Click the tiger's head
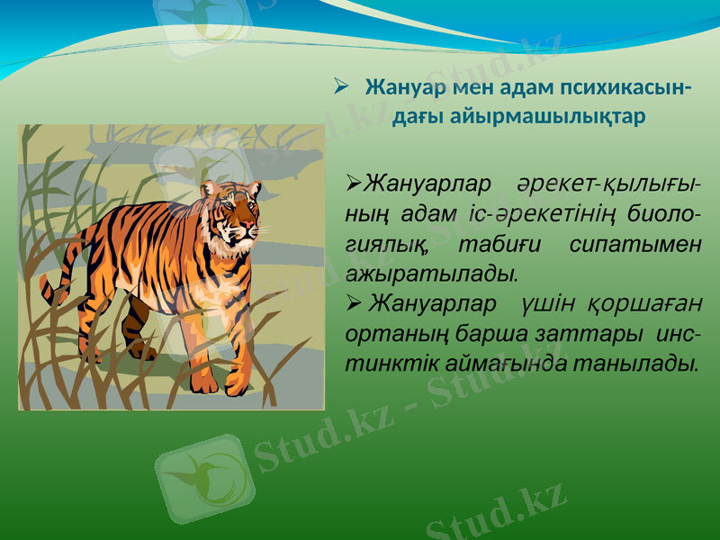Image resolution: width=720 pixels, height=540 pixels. click(x=232, y=211)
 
